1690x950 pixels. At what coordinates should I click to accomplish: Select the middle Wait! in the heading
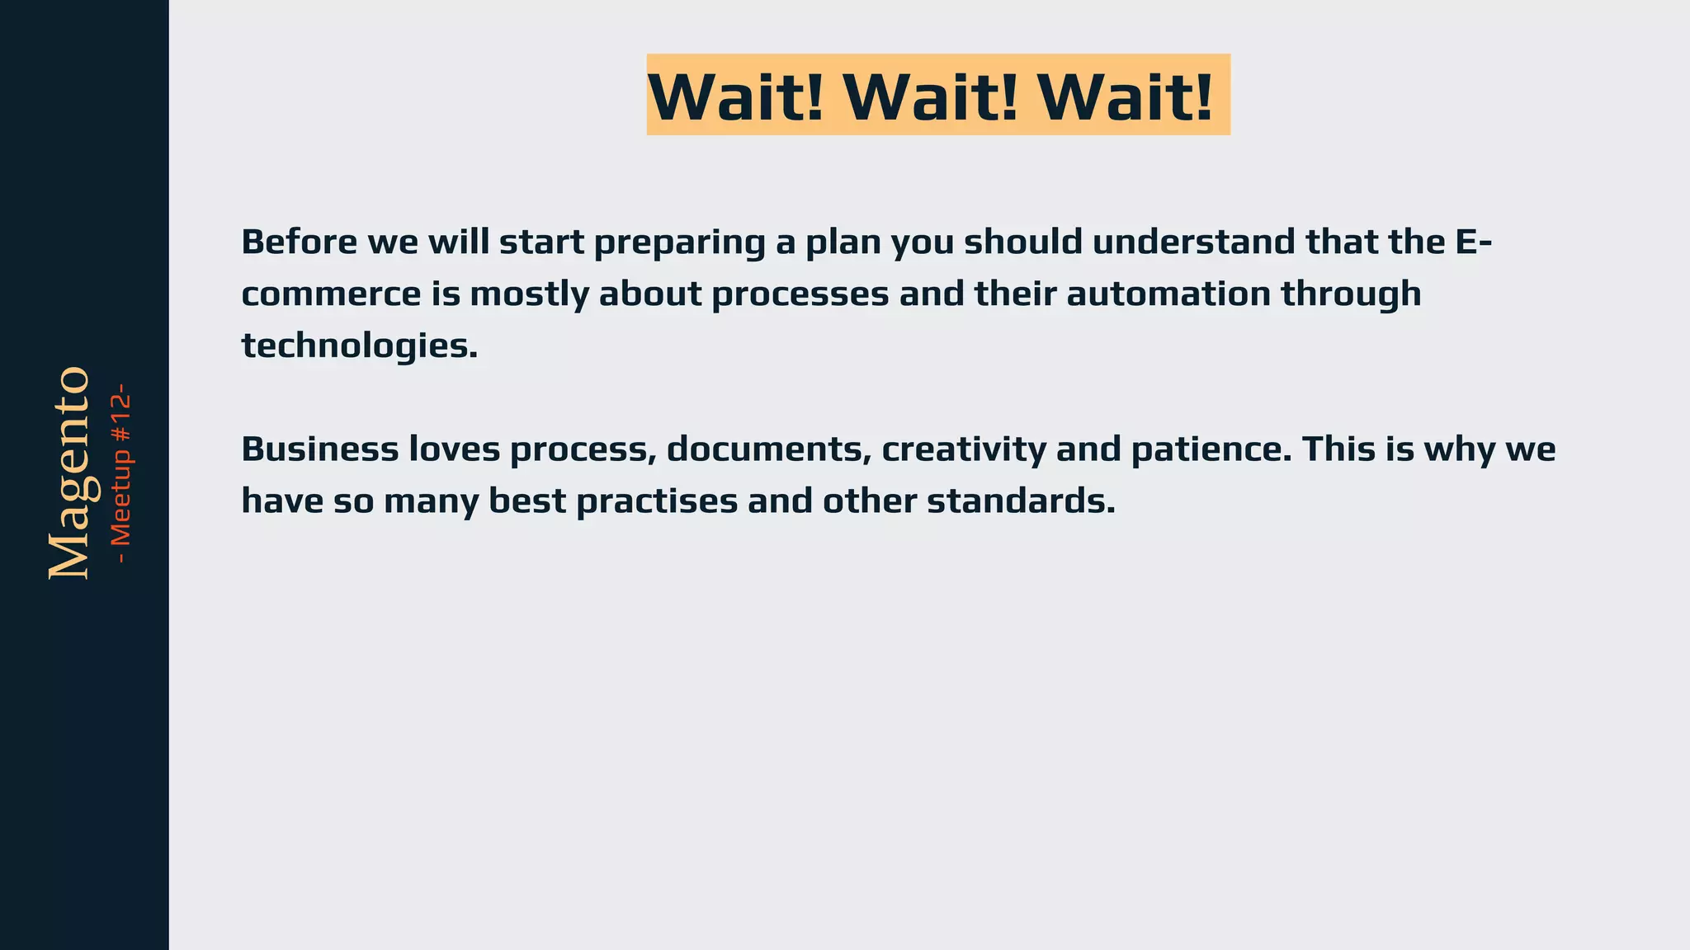(931, 97)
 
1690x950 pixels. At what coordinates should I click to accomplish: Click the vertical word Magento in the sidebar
(69, 473)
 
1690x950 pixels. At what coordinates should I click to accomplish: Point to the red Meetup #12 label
(121, 473)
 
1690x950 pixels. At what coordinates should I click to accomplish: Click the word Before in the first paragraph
(299, 242)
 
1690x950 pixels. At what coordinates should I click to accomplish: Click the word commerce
(331, 294)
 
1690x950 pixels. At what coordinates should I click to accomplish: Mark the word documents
(768, 450)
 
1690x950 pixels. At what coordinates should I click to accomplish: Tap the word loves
(454, 449)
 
